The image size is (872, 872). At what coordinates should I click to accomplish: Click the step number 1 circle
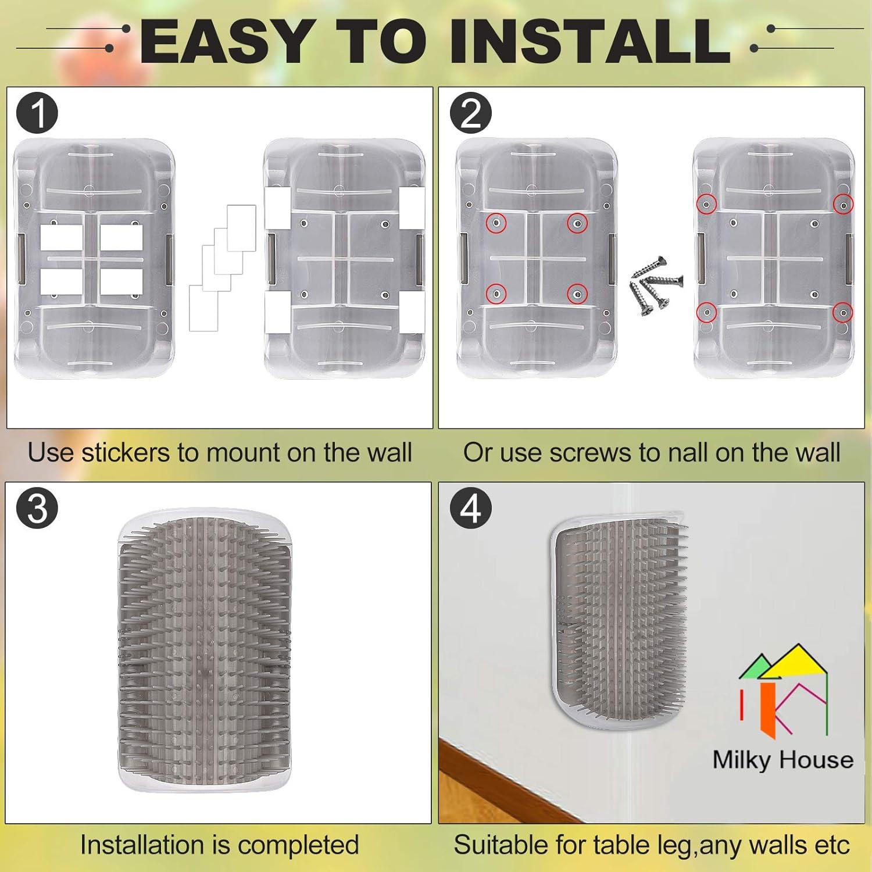[37, 113]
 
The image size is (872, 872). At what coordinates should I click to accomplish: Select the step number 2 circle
[471, 113]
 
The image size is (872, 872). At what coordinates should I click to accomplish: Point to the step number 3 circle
[37, 508]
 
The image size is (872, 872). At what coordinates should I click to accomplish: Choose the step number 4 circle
[471, 508]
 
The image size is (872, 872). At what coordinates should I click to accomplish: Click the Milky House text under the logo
[782, 760]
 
